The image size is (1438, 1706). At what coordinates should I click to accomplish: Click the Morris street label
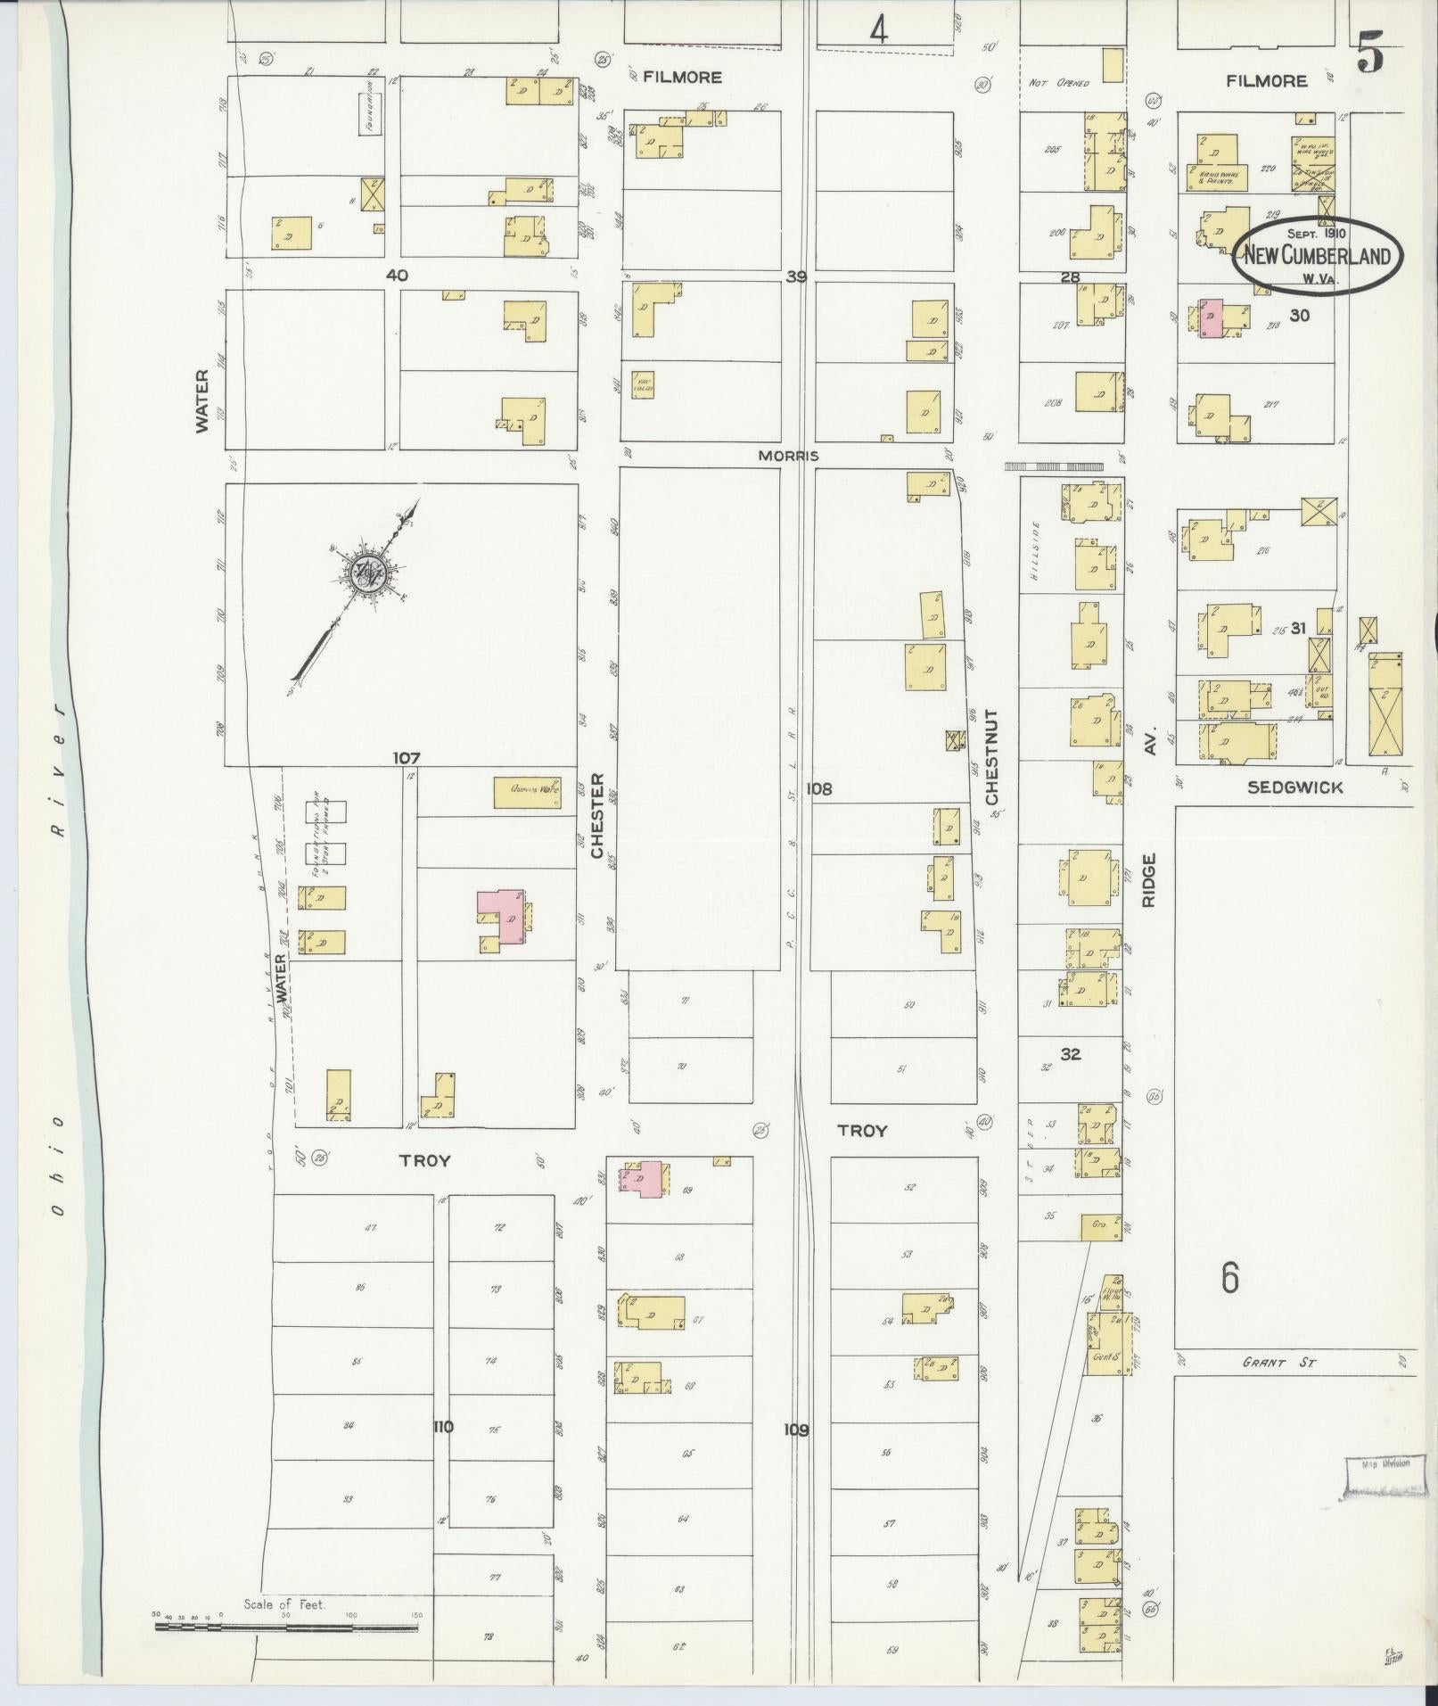point(787,456)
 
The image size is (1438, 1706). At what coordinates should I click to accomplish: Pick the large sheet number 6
point(1230,1280)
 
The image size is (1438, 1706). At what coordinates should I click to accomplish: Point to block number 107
point(406,759)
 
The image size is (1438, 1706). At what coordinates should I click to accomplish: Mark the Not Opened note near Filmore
point(1058,83)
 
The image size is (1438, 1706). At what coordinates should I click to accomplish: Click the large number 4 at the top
point(879,32)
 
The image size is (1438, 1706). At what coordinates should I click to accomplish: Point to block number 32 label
point(1071,1054)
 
